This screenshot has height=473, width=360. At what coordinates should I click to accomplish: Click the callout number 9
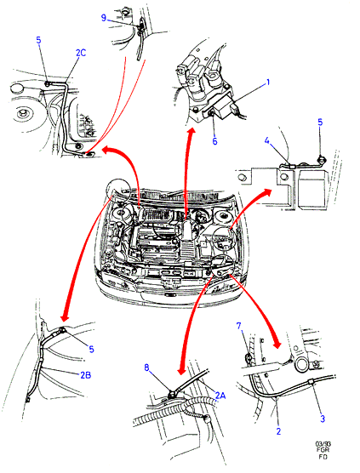click(104, 18)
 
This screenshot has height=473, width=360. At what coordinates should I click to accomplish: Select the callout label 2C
click(81, 53)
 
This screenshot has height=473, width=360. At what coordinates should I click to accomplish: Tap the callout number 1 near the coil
click(268, 83)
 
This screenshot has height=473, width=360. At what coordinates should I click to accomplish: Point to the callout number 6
click(214, 141)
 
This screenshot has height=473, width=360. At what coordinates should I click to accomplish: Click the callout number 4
click(266, 140)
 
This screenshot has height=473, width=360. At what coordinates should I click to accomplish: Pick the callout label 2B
click(86, 375)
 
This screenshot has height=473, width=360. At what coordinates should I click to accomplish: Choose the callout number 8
click(146, 368)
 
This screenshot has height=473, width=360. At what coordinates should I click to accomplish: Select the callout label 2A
click(220, 395)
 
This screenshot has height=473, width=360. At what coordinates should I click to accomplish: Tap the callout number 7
click(238, 326)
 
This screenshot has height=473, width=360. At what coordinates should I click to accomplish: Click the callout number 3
click(323, 419)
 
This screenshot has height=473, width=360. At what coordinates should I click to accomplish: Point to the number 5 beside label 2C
click(38, 40)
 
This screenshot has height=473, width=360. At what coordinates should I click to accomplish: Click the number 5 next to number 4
click(320, 123)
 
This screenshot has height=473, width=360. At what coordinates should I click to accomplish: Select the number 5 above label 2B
click(91, 349)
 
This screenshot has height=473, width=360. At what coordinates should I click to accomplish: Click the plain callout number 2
click(278, 431)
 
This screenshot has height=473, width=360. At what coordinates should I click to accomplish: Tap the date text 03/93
click(323, 444)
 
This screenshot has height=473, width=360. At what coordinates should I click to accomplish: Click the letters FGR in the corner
click(323, 450)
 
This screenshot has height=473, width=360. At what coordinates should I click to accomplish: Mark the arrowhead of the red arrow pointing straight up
click(191, 132)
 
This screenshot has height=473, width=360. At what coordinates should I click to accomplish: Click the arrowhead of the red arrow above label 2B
click(65, 316)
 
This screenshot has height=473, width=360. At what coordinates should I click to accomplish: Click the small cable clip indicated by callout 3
click(311, 383)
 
